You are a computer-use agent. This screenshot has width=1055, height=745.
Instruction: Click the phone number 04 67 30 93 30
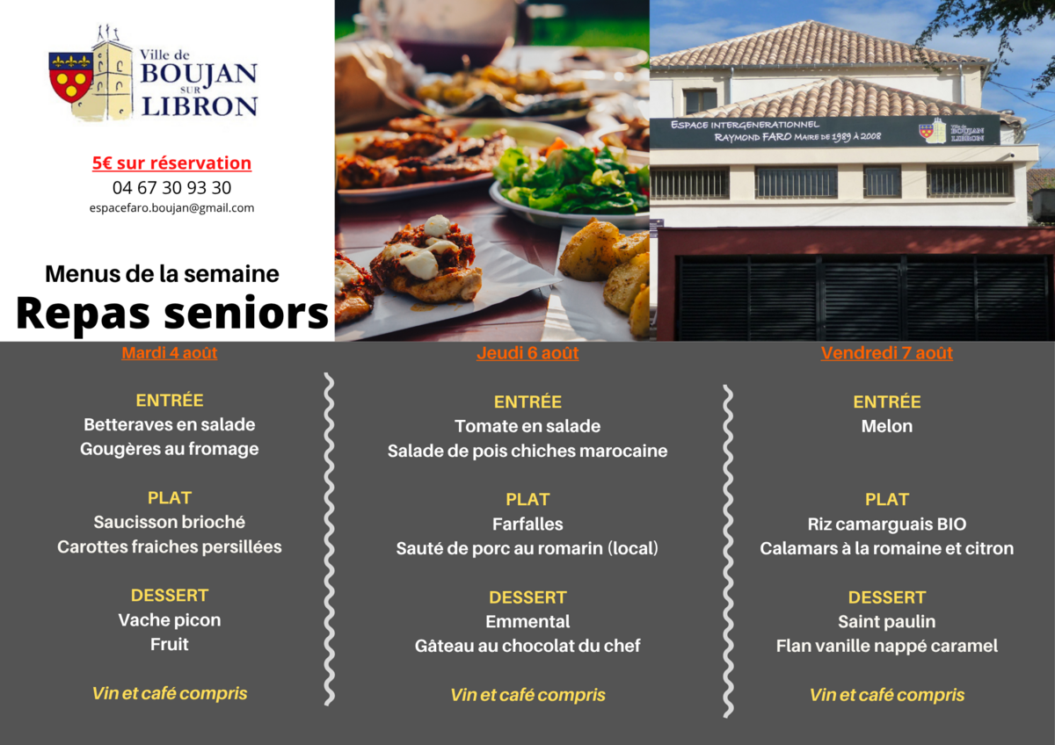click(x=172, y=188)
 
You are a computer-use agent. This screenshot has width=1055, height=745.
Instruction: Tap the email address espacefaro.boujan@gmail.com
click(x=172, y=208)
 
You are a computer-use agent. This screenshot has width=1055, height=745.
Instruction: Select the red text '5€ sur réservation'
click(x=172, y=163)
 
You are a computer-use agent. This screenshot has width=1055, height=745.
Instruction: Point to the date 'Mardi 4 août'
click(x=170, y=353)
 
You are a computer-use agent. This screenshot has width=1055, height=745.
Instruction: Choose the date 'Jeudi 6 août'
click(x=527, y=353)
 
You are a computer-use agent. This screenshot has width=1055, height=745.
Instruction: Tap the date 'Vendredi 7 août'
click(x=887, y=353)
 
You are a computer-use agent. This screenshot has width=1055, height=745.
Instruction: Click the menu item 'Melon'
click(x=887, y=426)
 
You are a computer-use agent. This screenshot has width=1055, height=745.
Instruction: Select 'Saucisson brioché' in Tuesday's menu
click(x=170, y=523)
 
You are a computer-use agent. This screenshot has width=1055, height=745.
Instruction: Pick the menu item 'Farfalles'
click(x=527, y=524)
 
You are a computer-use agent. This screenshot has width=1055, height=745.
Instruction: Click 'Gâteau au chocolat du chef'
click(x=527, y=646)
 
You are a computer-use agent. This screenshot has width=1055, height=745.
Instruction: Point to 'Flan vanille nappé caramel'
click(x=887, y=647)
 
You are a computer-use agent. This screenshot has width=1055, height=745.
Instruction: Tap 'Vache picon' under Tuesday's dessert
click(x=170, y=620)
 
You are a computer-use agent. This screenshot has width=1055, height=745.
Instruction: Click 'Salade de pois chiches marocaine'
click(x=527, y=451)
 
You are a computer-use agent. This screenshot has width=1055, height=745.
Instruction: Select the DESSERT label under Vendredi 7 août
click(x=887, y=597)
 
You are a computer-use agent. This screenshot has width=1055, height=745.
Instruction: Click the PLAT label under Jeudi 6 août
click(x=527, y=499)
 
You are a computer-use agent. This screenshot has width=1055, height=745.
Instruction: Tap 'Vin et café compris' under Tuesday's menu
click(x=170, y=693)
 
